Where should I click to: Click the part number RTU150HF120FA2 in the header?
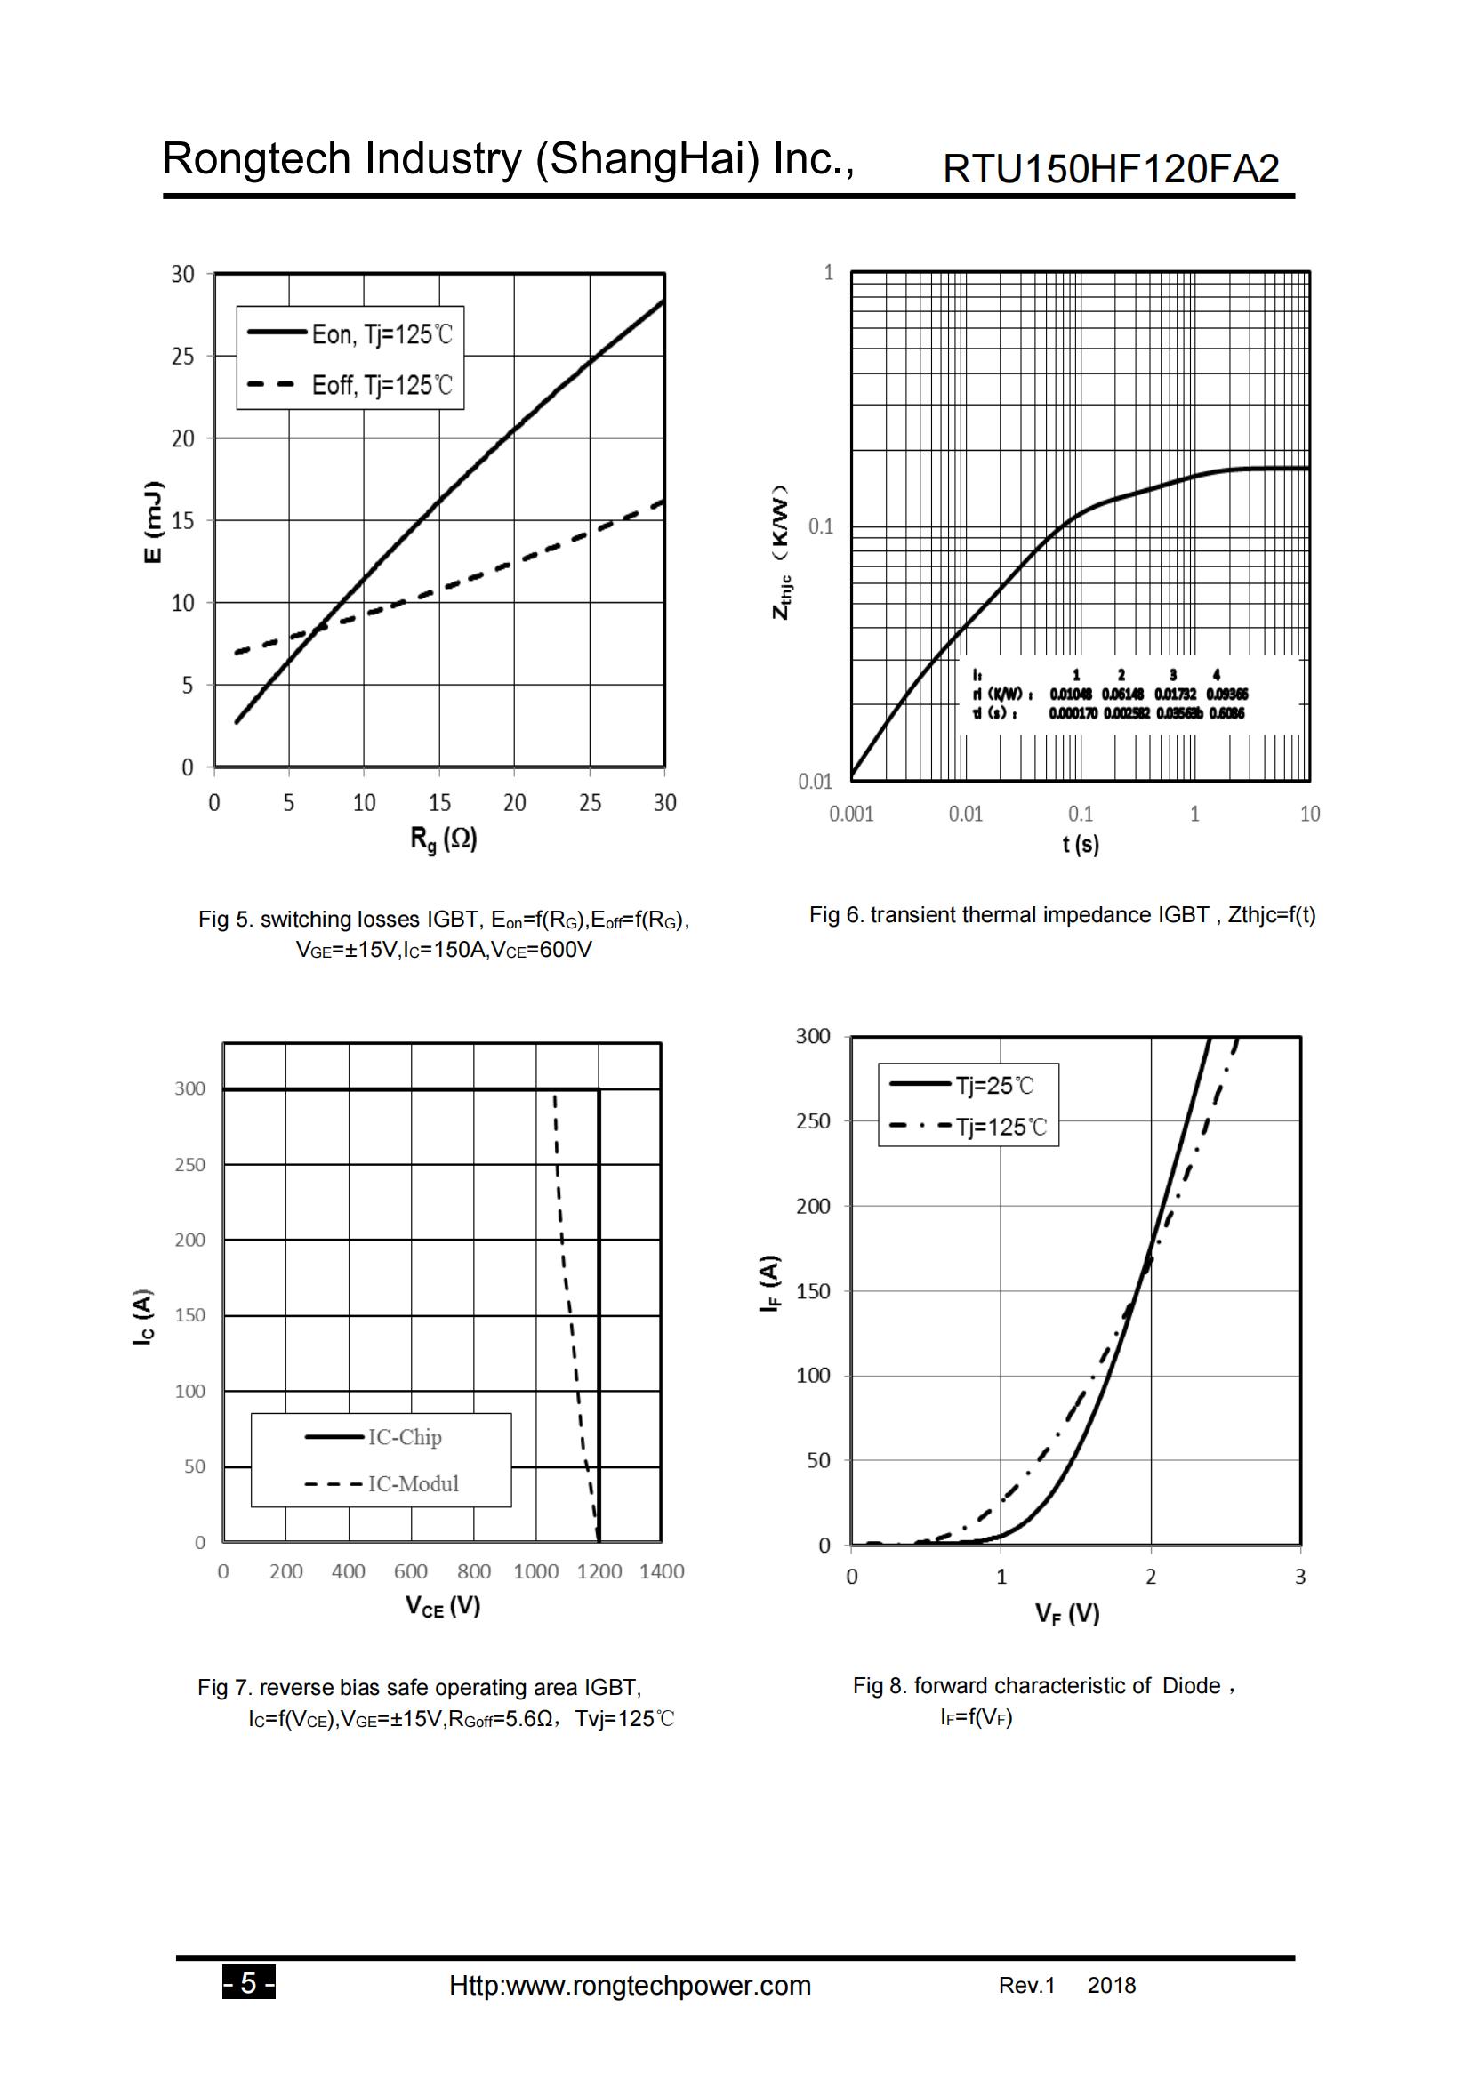1111,168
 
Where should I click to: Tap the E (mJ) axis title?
154,521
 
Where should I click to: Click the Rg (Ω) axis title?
443,839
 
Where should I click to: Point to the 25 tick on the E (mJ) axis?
183,356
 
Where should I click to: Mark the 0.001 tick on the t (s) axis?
851,814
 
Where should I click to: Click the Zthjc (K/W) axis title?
781,552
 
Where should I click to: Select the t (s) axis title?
1081,844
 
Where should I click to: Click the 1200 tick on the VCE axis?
599,1571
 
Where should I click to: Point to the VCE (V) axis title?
443,1607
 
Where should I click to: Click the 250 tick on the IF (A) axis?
813,1120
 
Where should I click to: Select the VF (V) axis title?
1068,1613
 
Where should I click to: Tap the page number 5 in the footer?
248,1985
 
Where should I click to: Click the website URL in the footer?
630,1986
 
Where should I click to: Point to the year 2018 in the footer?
1112,1986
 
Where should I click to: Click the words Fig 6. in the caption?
836,915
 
